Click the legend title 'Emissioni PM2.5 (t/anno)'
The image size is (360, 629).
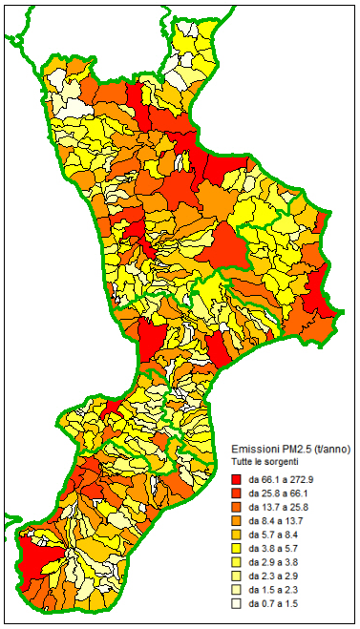click(x=291, y=449)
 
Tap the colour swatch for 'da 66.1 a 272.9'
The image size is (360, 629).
click(x=237, y=478)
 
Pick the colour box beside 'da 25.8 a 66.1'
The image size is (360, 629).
click(x=237, y=493)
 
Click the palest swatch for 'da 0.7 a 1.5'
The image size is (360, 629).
click(x=237, y=604)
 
